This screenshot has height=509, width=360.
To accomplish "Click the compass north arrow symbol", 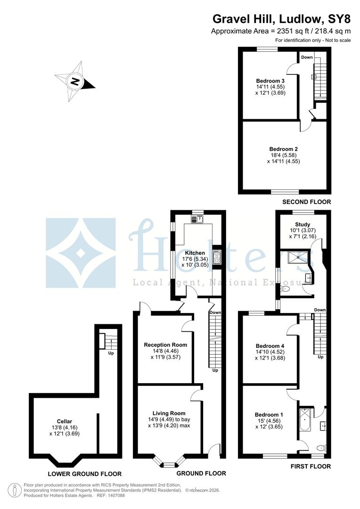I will [x=74, y=81].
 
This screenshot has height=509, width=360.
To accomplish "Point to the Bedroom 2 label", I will [x=283, y=148].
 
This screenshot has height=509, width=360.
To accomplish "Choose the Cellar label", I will [x=64, y=421].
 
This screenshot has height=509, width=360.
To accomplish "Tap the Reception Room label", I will [x=165, y=345].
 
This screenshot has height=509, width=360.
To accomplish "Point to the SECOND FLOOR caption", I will [x=306, y=202].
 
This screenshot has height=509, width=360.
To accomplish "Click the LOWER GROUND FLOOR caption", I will [x=85, y=474].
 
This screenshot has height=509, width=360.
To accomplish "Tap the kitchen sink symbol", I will [x=197, y=219].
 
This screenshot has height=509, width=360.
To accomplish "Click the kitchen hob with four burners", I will [x=217, y=257].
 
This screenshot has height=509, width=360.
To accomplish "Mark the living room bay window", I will [x=168, y=464].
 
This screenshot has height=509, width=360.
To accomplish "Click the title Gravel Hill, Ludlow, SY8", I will [x=281, y=19].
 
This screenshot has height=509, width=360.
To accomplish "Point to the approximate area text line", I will [x=281, y=31].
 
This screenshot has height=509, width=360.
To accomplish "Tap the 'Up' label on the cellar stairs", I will [x=111, y=353].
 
